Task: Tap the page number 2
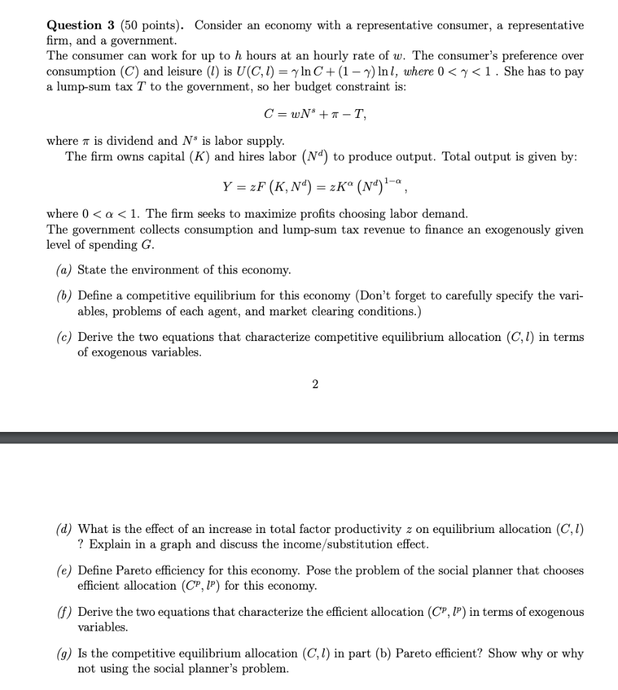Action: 315,385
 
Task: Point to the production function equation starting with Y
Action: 315,185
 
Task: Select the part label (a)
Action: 65,270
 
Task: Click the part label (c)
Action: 65,337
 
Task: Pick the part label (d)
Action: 65,530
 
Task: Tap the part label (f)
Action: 65,613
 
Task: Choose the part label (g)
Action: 65,654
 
